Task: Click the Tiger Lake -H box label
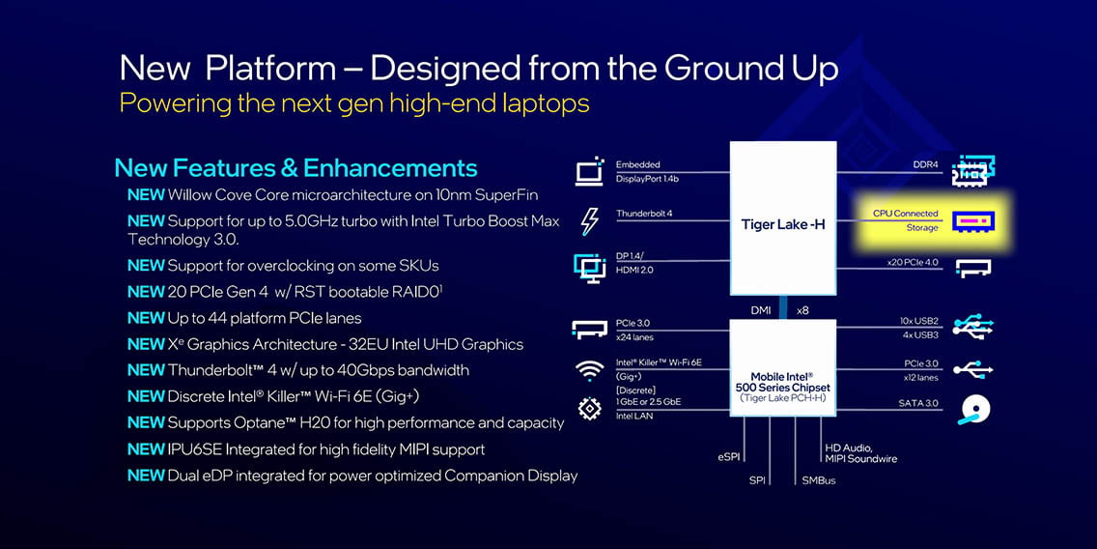pos(783,225)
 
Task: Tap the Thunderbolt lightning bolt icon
pos(590,221)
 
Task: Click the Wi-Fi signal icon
pos(590,370)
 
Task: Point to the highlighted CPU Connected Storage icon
pos(973,223)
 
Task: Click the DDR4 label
pos(925,164)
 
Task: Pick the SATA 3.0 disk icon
pos(972,411)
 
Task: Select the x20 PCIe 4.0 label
pos(913,263)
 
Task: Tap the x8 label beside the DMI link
pos(802,309)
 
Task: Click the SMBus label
pos(819,480)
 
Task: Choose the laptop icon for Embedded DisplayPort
pos(589,171)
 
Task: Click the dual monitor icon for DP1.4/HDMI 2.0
pos(589,268)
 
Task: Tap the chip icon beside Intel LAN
pos(590,408)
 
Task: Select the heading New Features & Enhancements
pos(295,168)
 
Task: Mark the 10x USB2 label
pos(919,321)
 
